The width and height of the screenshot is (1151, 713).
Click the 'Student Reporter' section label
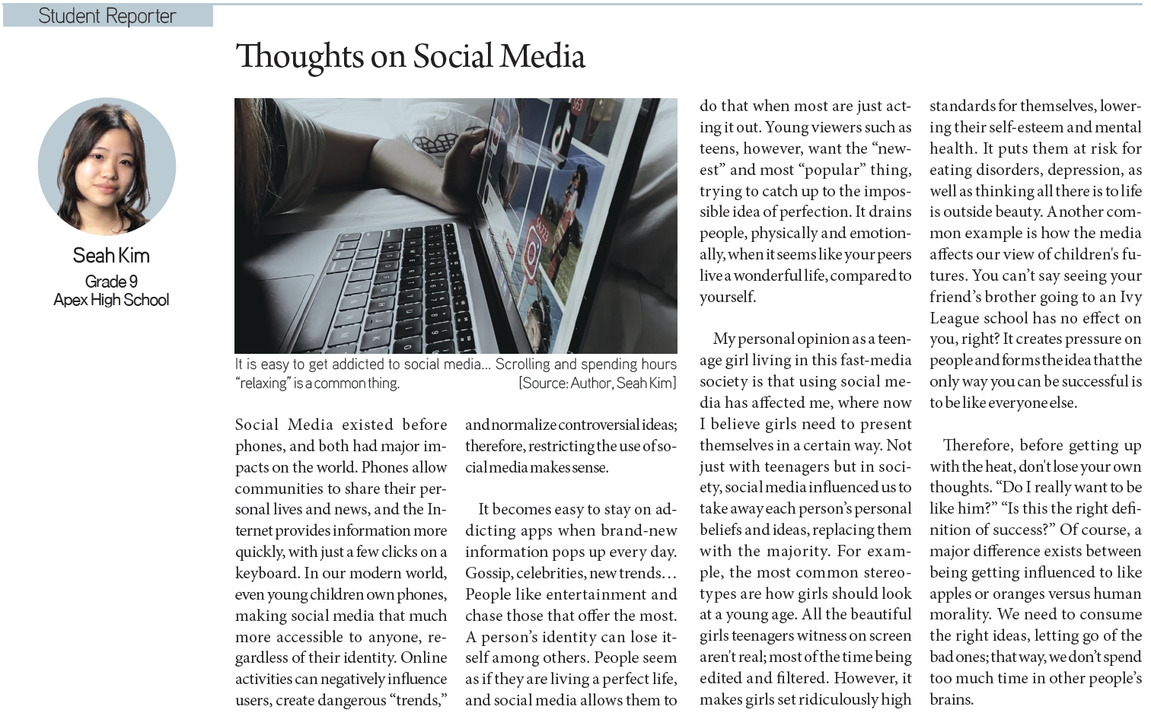pyautogui.click(x=107, y=16)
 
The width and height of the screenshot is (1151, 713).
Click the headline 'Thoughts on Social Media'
pyautogui.click(x=410, y=56)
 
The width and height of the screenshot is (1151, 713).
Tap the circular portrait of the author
pyautogui.click(x=107, y=166)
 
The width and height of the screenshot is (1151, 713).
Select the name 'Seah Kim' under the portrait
pyautogui.click(x=111, y=256)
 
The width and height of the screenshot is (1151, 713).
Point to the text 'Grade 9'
pyautogui.click(x=111, y=282)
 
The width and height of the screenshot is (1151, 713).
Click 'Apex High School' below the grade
pyautogui.click(x=111, y=300)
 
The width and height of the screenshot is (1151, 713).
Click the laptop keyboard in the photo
pyautogui.click(x=396, y=289)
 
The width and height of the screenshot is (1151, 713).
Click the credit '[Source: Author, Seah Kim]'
pyautogui.click(x=597, y=383)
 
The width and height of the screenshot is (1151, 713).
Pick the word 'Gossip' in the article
pyautogui.click(x=488, y=573)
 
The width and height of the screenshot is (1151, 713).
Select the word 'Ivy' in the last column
pyautogui.click(x=1130, y=297)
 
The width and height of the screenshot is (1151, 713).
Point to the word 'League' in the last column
pyautogui.click(x=955, y=318)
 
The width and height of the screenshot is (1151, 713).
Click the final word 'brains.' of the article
pyautogui.click(x=952, y=699)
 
